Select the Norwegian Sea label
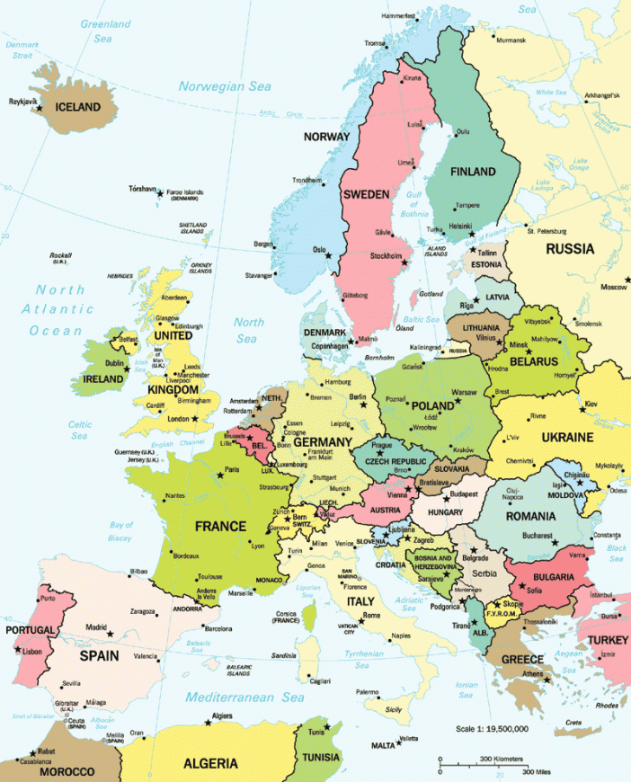pos(224,86)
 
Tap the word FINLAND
pos(473,171)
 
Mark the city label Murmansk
pos(511,40)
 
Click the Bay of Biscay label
pos(121,530)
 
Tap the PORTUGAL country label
pos(31,630)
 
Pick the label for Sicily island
pos(393,709)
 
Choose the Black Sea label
pos(616,552)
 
